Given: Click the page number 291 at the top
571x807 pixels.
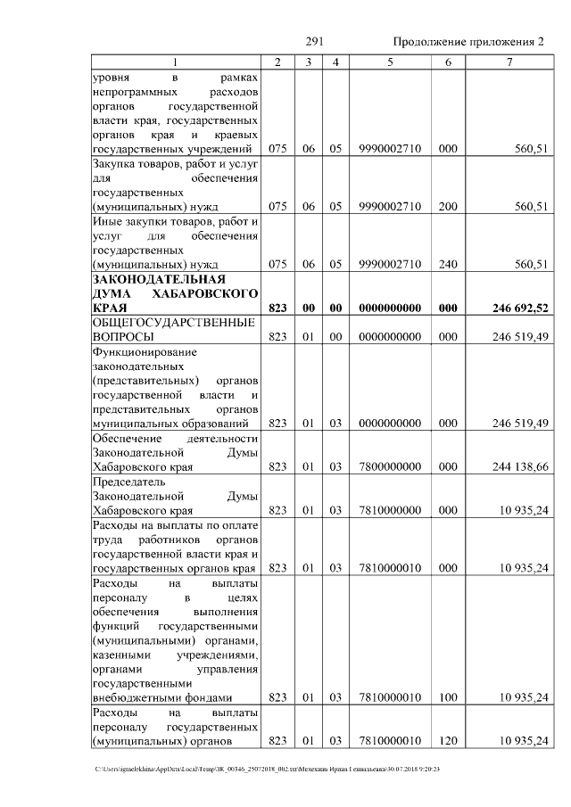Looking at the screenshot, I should pyautogui.click(x=313, y=42).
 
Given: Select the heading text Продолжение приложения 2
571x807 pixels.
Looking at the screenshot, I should pyautogui.click(x=468, y=42).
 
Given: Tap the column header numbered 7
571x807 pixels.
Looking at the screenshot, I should pyautogui.click(x=509, y=62).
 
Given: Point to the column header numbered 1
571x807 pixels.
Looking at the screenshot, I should pyautogui.click(x=176, y=62).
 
